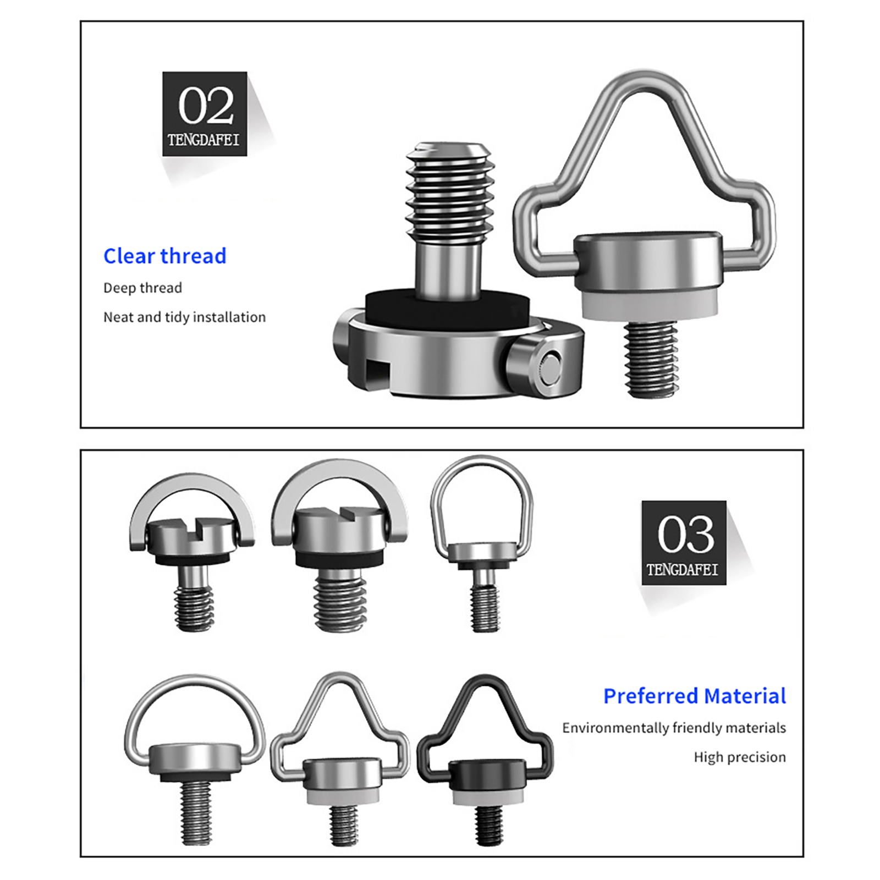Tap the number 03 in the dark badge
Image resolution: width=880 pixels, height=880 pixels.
(686, 535)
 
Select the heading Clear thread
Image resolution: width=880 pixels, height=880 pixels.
(165, 256)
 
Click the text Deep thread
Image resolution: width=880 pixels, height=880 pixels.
(142, 288)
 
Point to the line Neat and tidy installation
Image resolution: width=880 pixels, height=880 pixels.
(184, 317)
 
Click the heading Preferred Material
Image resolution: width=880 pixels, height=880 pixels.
(695, 696)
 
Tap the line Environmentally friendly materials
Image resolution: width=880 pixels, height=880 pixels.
(674, 728)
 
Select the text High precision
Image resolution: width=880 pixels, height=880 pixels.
(740, 757)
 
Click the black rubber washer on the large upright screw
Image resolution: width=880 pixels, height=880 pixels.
(447, 309)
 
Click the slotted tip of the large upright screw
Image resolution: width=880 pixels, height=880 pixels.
(448, 148)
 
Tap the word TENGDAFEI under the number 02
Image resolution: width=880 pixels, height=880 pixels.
(204, 140)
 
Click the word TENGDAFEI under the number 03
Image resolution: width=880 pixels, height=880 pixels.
(683, 570)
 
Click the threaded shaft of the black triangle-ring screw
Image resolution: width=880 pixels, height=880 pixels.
(488, 826)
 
